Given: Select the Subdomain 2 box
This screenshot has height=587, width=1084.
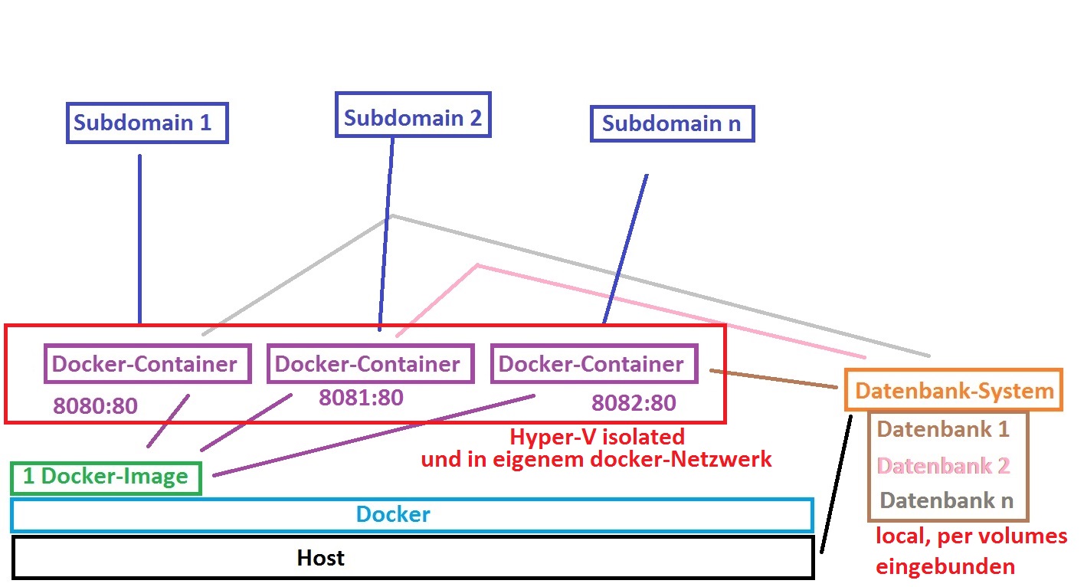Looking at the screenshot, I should pyautogui.click(x=413, y=118).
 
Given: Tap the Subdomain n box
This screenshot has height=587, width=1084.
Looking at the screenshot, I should pyautogui.click(x=672, y=124).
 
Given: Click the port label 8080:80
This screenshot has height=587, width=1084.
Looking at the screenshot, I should pyautogui.click(x=95, y=405).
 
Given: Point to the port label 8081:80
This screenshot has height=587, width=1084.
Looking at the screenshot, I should pyautogui.click(x=361, y=397).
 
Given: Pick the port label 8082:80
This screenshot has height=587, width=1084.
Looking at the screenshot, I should pyautogui.click(x=634, y=402).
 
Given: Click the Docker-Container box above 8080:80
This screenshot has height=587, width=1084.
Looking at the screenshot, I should pyautogui.click(x=145, y=364).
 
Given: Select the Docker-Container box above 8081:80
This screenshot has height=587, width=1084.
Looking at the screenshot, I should pyautogui.click(x=369, y=364).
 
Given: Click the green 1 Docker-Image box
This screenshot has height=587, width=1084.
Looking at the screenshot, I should pyautogui.click(x=106, y=477).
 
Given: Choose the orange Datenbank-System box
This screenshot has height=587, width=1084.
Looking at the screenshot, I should pyautogui.click(x=954, y=391).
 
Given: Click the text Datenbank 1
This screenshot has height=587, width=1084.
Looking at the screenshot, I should pyautogui.click(x=943, y=429).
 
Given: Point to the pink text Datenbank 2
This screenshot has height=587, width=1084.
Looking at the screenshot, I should pyautogui.click(x=943, y=465).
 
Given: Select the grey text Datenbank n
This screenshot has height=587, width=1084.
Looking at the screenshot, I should pyautogui.click(x=947, y=501).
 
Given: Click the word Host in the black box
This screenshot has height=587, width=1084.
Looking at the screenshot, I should pyautogui.click(x=320, y=558).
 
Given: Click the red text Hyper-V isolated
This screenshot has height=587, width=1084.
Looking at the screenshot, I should pyautogui.click(x=597, y=438).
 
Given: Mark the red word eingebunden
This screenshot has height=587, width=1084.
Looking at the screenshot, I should pyautogui.click(x=945, y=567).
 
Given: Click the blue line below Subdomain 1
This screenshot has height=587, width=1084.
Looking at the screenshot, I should pyautogui.click(x=140, y=238).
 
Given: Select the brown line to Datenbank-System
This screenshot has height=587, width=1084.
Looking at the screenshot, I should pyautogui.click(x=774, y=379).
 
